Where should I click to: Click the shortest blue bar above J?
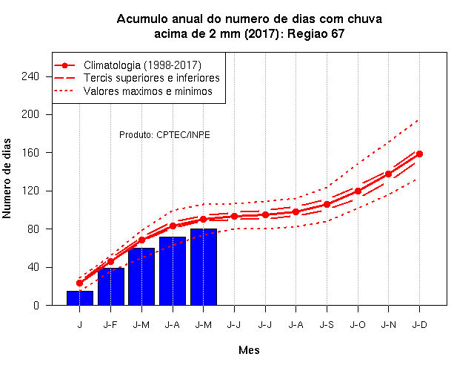click(x=80, y=298)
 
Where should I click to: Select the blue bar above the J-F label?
click(x=111, y=286)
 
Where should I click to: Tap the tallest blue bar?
click(x=204, y=267)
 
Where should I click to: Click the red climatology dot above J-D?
click(x=419, y=154)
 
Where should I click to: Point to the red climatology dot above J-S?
click(x=327, y=205)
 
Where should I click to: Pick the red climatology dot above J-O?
click(x=358, y=191)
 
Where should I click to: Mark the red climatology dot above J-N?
click(x=388, y=174)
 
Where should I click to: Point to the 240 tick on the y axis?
click(x=30, y=76)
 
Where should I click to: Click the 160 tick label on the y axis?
click(x=30, y=153)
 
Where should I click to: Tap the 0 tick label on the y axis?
click(x=36, y=305)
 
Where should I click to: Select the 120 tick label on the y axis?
click(x=30, y=191)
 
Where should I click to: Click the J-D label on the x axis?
click(x=420, y=325)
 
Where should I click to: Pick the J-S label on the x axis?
click(x=327, y=325)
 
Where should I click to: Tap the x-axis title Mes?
click(x=249, y=350)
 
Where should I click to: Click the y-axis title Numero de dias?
click(x=7, y=178)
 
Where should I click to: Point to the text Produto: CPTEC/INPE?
click(x=164, y=135)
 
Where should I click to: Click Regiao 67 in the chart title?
click(x=316, y=33)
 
